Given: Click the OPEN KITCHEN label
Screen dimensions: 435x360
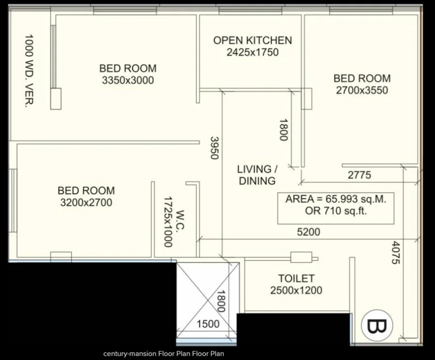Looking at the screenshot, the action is [252, 41].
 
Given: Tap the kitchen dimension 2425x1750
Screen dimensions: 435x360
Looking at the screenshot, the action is [252, 52].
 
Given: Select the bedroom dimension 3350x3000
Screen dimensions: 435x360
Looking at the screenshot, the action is [128, 80].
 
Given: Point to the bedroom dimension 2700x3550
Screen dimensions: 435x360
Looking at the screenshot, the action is [362, 90].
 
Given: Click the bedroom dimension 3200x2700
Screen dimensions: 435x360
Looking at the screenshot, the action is [87, 203].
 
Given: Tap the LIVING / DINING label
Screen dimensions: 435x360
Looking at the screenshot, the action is [257, 175].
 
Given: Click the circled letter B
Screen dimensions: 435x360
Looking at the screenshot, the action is [377, 326].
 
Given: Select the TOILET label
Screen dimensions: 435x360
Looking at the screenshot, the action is [296, 278].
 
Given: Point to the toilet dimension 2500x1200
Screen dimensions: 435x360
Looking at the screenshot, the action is [296, 291].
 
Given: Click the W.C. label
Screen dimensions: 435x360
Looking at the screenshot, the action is [181, 220].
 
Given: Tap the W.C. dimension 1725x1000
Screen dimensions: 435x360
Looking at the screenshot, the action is [168, 222].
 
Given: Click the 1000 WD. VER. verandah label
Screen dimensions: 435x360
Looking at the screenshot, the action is [29, 71].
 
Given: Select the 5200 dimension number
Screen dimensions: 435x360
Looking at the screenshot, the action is [308, 232].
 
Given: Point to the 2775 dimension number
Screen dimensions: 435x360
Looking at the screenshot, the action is [359, 175].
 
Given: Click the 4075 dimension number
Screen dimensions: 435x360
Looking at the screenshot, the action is [396, 253].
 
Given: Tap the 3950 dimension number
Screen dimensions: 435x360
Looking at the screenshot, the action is [215, 148].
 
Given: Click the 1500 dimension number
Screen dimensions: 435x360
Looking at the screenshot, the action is [208, 324].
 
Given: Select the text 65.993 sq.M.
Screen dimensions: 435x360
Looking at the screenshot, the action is [356, 199].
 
